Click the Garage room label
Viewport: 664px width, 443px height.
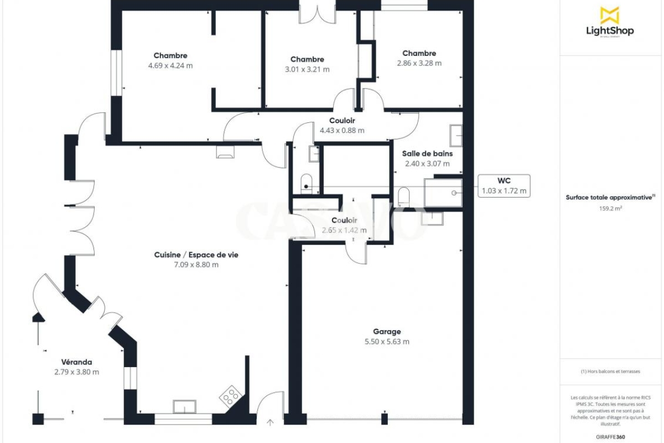pos(387,332)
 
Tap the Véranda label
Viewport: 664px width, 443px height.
pos(76,362)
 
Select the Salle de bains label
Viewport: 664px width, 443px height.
pos(427,154)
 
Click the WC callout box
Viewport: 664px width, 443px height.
pos(504,186)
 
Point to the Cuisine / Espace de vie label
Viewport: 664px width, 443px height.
pos(196,255)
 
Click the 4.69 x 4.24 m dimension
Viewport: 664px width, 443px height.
pos(170,65)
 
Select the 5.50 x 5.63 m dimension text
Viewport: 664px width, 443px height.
pos(387,342)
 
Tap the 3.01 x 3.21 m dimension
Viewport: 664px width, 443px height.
pos(307,69)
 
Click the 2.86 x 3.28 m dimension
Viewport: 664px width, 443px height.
pos(419,63)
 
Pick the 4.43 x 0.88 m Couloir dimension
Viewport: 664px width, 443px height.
pos(342,131)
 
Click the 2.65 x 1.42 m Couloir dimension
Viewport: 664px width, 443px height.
pos(344,230)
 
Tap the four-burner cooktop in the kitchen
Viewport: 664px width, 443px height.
pos(230,396)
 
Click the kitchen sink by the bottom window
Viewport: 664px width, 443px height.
pos(184,406)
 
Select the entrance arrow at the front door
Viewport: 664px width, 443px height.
pos(270,422)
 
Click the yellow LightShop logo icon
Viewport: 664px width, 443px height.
pos(610,16)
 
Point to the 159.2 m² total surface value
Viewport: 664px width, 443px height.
pos(610,208)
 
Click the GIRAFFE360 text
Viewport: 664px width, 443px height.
pos(610,437)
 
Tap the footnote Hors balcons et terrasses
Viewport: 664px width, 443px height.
pos(610,371)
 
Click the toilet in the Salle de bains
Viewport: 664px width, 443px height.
pos(403,197)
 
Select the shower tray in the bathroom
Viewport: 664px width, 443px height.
pos(443,193)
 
